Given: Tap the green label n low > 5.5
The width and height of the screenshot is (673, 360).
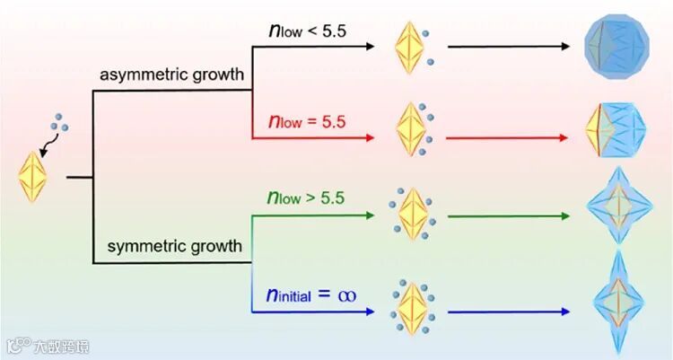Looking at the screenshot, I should click(x=308, y=198).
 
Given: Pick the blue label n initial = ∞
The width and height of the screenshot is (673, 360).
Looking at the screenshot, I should click(x=310, y=294).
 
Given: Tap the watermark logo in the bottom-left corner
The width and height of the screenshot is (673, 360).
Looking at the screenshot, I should click(x=16, y=345).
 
